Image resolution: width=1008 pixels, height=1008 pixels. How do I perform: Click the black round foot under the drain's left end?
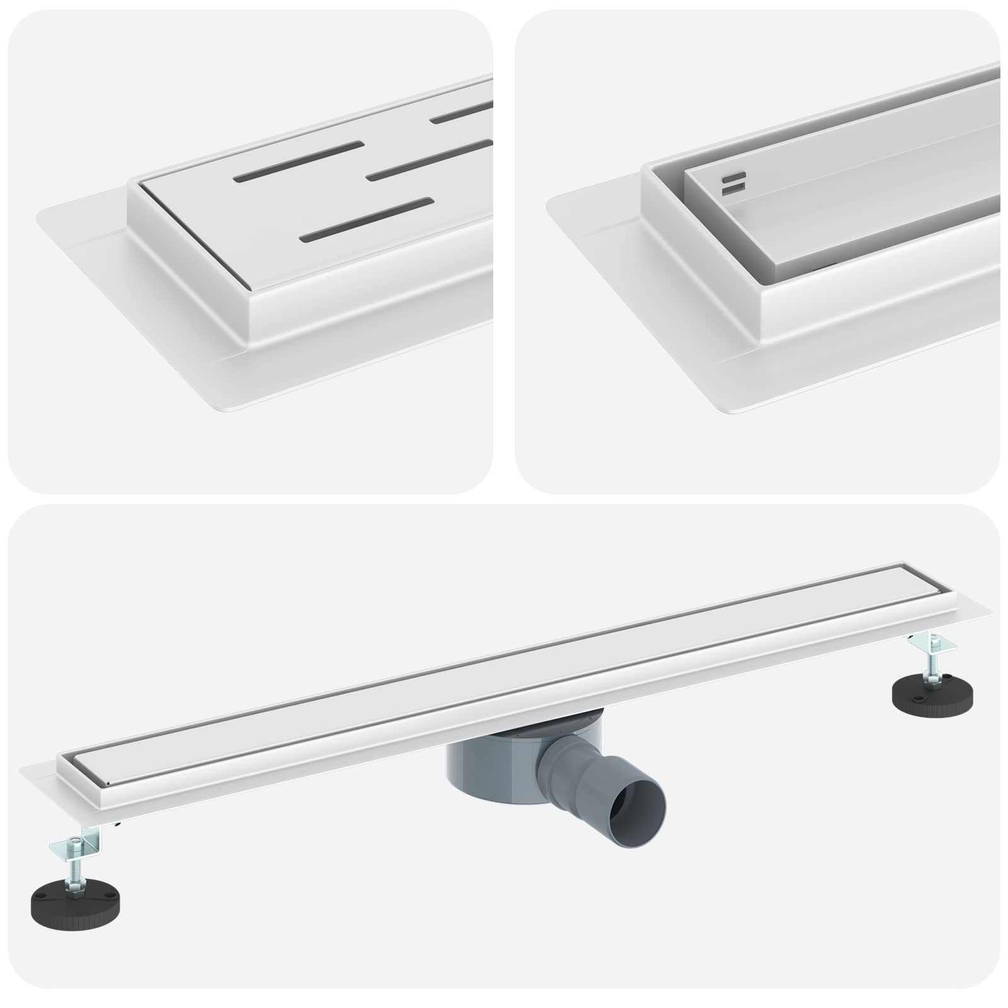pos(78,898)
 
